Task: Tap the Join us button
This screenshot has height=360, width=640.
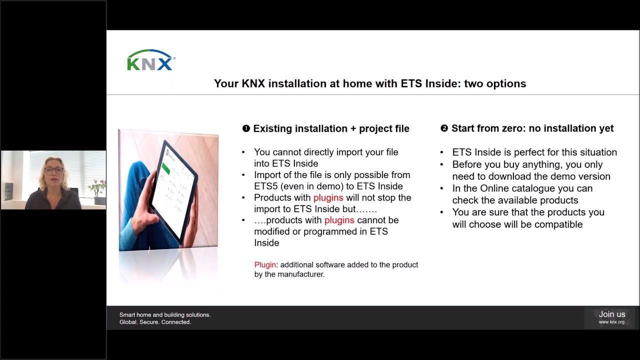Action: [x=611, y=317]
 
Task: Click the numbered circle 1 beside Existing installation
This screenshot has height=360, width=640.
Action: [x=246, y=128]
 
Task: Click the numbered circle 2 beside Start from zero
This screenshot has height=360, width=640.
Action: [x=444, y=128]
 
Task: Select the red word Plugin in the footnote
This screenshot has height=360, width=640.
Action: [x=265, y=265]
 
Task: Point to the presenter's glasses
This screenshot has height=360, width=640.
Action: [x=53, y=170]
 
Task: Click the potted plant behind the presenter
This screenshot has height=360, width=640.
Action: [x=97, y=188]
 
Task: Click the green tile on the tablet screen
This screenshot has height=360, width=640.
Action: [x=166, y=170]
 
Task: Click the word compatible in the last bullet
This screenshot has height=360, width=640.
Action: [x=558, y=224]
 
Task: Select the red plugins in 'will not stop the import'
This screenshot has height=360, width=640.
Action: [x=328, y=198]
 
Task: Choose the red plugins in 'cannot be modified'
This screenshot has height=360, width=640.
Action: [x=339, y=220]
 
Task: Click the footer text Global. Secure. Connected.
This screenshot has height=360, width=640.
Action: [x=155, y=322]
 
